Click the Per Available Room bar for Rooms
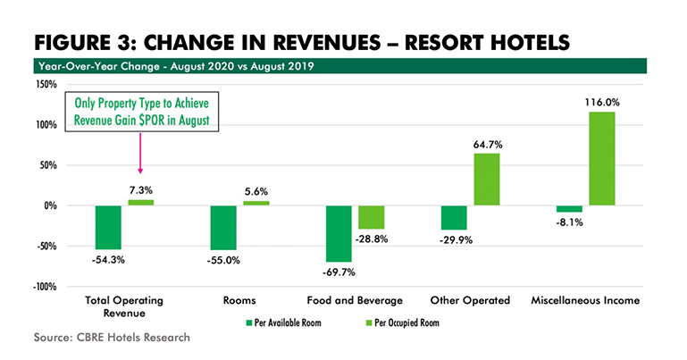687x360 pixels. (x=223, y=228)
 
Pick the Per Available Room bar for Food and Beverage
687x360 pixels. (x=339, y=233)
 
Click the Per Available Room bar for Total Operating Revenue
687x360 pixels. (x=109, y=227)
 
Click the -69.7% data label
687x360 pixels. (x=339, y=271)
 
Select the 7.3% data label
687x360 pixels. (x=140, y=190)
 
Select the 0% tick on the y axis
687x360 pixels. (x=50, y=205)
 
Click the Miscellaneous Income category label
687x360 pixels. (x=585, y=301)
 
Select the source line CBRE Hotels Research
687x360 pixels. (x=99, y=339)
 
